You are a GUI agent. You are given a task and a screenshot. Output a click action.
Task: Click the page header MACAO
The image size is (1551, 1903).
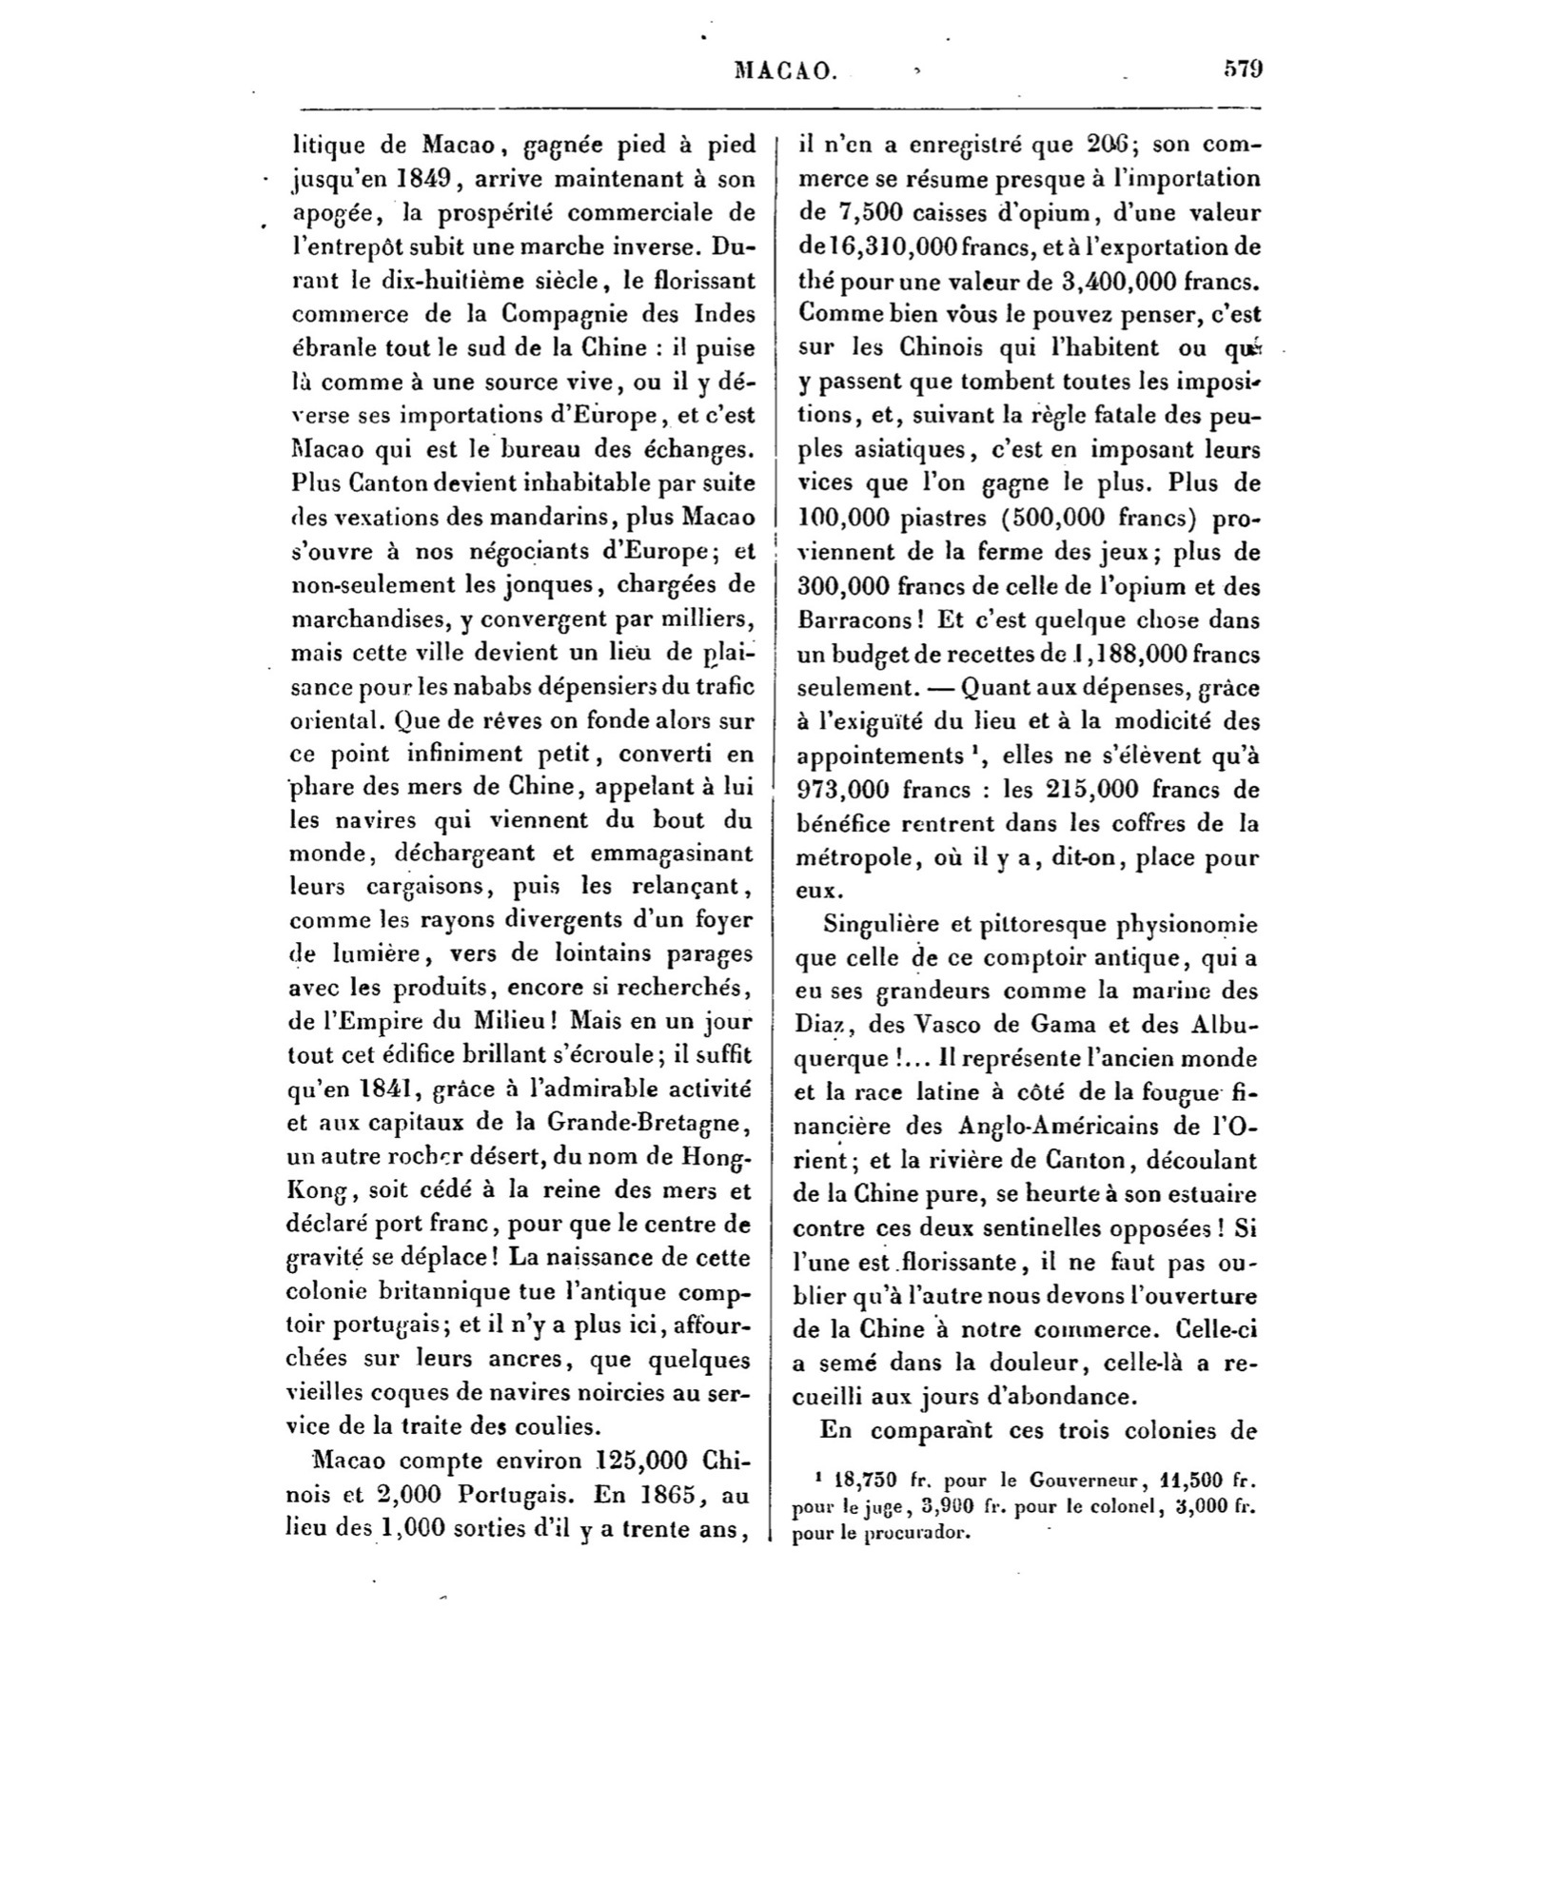click(x=786, y=69)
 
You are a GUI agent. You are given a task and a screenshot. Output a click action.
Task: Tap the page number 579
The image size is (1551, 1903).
click(x=1242, y=69)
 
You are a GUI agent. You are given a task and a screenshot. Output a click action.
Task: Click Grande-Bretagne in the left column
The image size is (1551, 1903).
click(x=643, y=1122)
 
